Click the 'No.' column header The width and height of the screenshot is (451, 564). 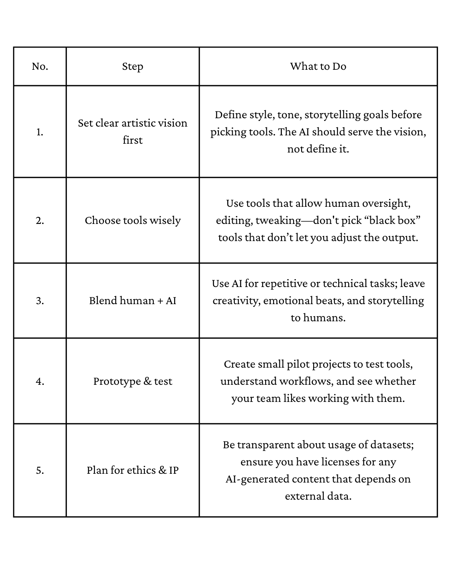coord(40,66)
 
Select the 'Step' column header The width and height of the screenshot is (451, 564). coord(132,66)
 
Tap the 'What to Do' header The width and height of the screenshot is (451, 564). coord(318,66)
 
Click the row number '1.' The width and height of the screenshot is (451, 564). coord(40,132)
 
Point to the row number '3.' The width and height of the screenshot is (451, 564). coord(40,301)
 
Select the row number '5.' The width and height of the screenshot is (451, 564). coord(40,470)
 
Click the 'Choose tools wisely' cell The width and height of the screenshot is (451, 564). coord(132,221)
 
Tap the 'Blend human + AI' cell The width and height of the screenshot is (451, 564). coord(132,301)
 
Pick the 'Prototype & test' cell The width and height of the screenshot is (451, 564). coord(132,381)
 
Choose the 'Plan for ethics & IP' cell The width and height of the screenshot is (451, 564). coord(132,470)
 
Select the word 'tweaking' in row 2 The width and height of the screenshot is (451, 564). coord(278,221)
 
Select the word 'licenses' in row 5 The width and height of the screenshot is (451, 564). coord(347,462)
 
